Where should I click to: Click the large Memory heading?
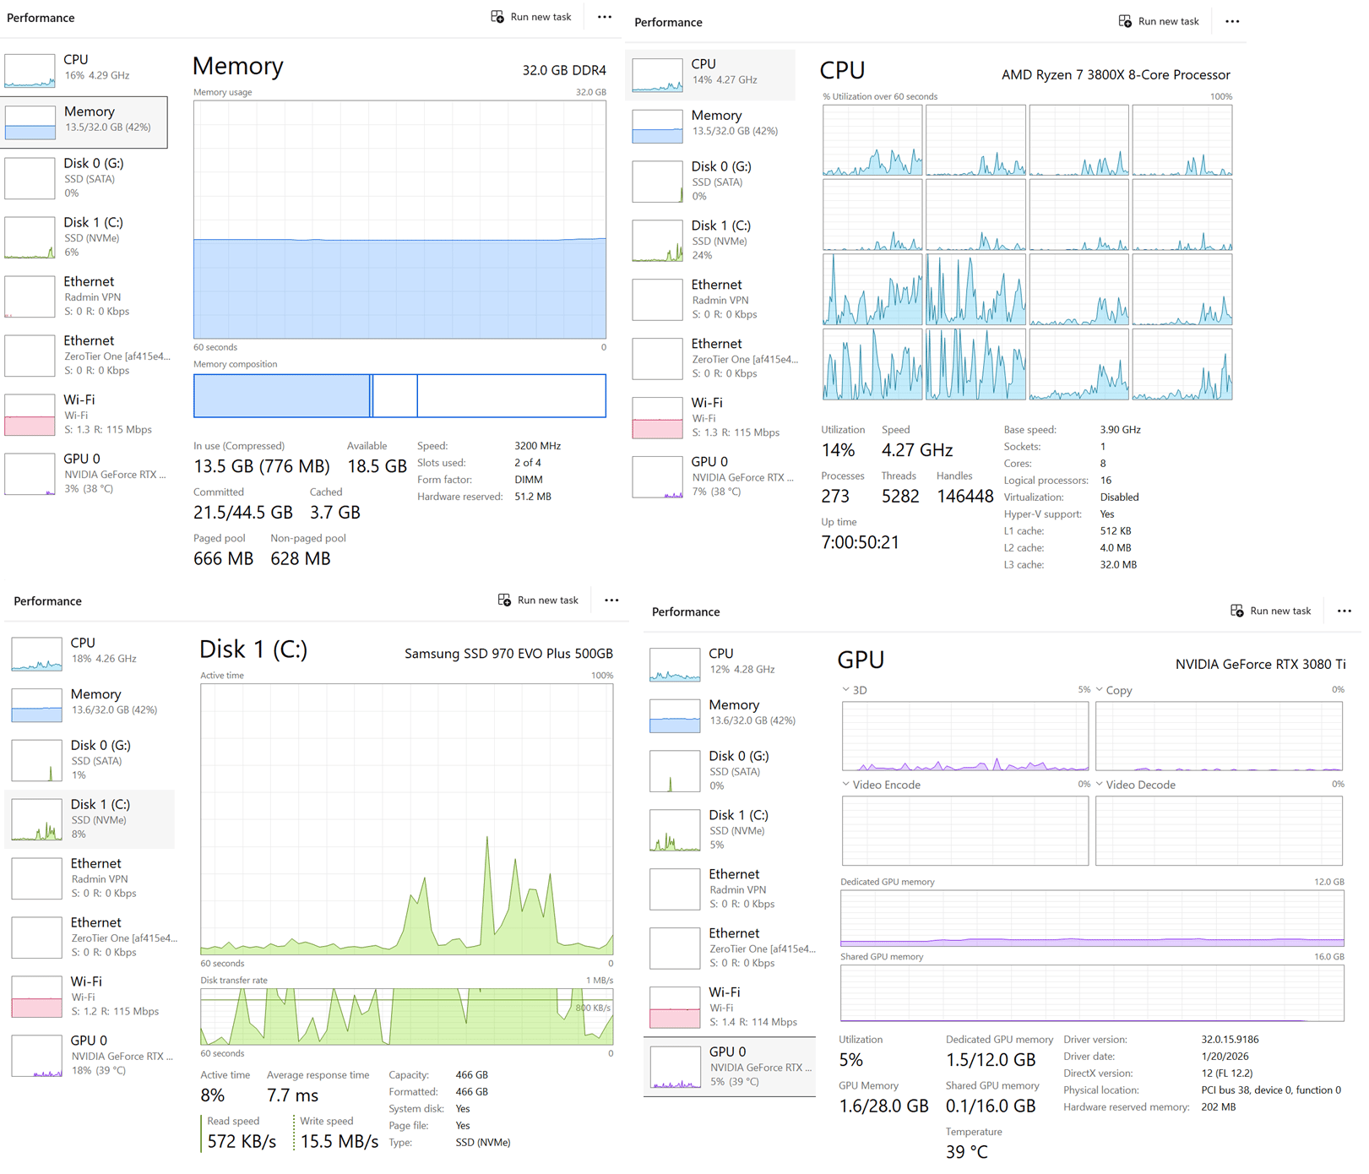(237, 66)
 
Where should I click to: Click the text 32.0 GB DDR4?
(564, 70)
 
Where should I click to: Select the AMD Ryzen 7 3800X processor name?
(1116, 75)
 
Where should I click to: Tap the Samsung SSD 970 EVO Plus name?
(508, 654)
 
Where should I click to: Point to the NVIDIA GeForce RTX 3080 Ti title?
(1260, 665)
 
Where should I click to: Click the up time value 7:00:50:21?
(860, 542)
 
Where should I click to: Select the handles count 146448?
(965, 497)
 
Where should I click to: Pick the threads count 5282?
(900, 497)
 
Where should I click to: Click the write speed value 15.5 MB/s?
(340, 1142)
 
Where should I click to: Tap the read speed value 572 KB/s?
(242, 1142)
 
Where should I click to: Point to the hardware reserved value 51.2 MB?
(533, 497)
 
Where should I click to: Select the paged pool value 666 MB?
(223, 559)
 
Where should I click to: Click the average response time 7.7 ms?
(292, 1095)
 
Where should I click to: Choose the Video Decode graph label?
(1140, 785)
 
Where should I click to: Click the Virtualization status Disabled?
(1119, 497)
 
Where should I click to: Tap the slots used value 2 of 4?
(528, 463)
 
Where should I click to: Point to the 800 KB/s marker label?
(593, 1008)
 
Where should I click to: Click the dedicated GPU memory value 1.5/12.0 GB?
(990, 1060)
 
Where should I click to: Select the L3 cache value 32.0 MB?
(1118, 565)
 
